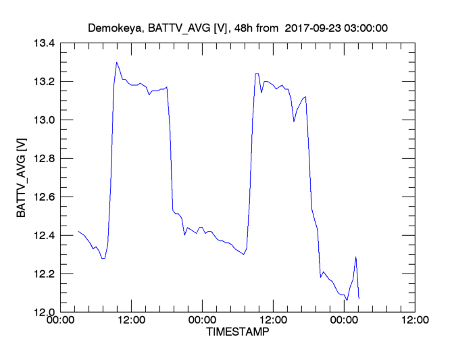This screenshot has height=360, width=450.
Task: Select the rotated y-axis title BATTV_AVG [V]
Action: pyautogui.click(x=22, y=178)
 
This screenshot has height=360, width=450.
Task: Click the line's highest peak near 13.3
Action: pyautogui.click(x=117, y=62)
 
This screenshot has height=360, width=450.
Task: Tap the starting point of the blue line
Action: pyautogui.click(x=78, y=231)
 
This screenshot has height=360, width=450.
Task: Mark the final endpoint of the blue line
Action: pyautogui.click(x=359, y=299)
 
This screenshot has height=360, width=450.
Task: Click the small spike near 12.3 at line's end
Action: pyautogui.click(x=355, y=257)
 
